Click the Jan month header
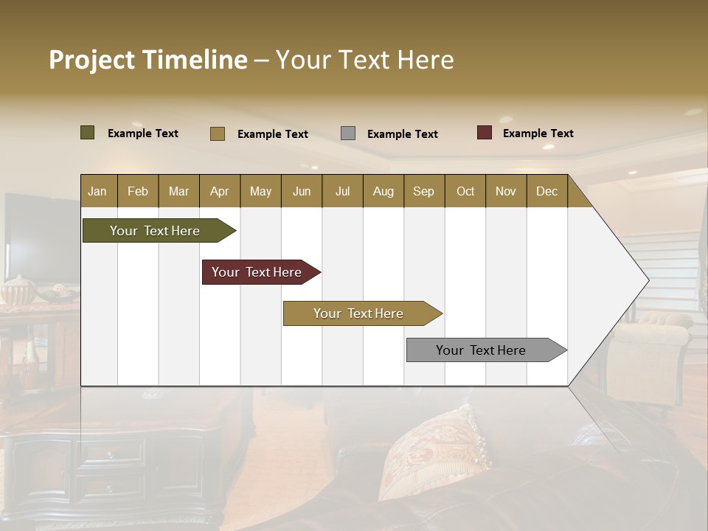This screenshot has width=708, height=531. pyautogui.click(x=98, y=191)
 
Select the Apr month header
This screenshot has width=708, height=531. pyautogui.click(x=220, y=191)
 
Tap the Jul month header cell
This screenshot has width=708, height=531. pyautogui.click(x=342, y=191)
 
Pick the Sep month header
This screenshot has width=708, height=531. pyautogui.click(x=424, y=191)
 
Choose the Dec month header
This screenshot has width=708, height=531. pyautogui.click(x=546, y=191)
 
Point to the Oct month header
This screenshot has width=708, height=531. pyautogui.click(x=465, y=191)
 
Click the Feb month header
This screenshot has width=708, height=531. pyautogui.click(x=138, y=191)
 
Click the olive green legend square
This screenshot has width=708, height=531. pyautogui.click(x=88, y=133)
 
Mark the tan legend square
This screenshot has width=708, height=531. pyautogui.click(x=218, y=133)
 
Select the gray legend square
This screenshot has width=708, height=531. pyautogui.click(x=348, y=133)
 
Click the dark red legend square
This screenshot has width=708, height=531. pyautogui.click(x=485, y=133)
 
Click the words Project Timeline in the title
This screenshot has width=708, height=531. pyautogui.click(x=148, y=60)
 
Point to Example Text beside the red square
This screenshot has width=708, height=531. pyautogui.click(x=538, y=133)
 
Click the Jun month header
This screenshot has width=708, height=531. pyautogui.click(x=302, y=191)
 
